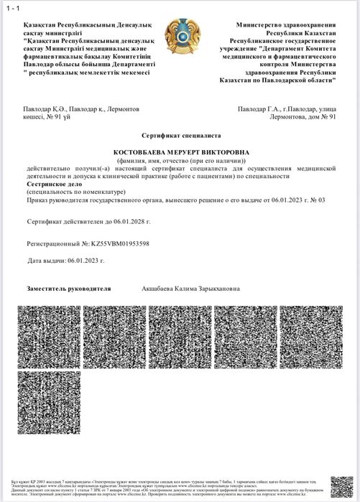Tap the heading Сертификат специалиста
pyautogui.click(x=180, y=135)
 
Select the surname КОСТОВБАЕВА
pyautogui.click(x=147, y=152)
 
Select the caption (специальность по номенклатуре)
pyautogui.click(x=75, y=192)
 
